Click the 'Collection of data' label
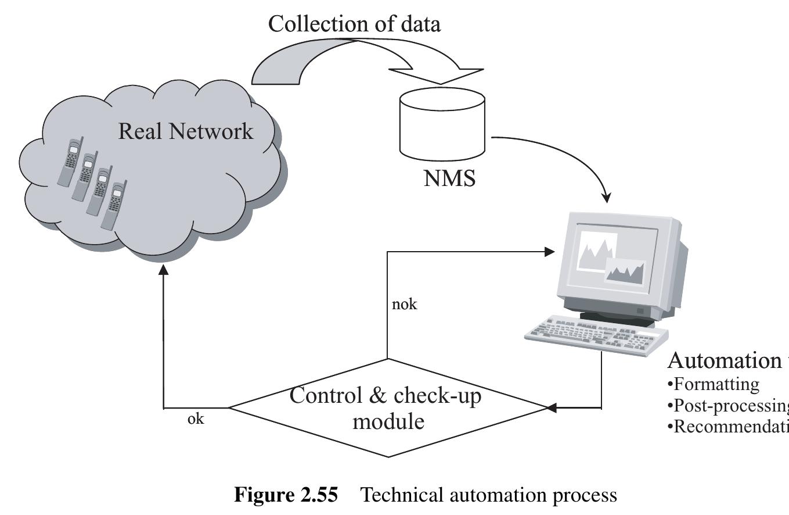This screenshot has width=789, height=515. click(x=354, y=24)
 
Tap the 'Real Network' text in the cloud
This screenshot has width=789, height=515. click(x=186, y=131)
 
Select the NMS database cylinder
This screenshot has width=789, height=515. click(x=442, y=122)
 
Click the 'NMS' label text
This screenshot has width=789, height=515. click(x=449, y=178)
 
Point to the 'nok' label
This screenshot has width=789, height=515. click(x=405, y=304)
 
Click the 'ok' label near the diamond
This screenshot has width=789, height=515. click(x=196, y=419)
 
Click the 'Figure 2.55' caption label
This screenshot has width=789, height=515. click(x=285, y=495)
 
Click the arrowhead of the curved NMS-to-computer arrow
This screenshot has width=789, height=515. click(x=607, y=198)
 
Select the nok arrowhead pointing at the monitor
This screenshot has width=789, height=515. click(x=550, y=252)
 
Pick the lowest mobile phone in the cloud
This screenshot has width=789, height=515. click(x=114, y=205)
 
